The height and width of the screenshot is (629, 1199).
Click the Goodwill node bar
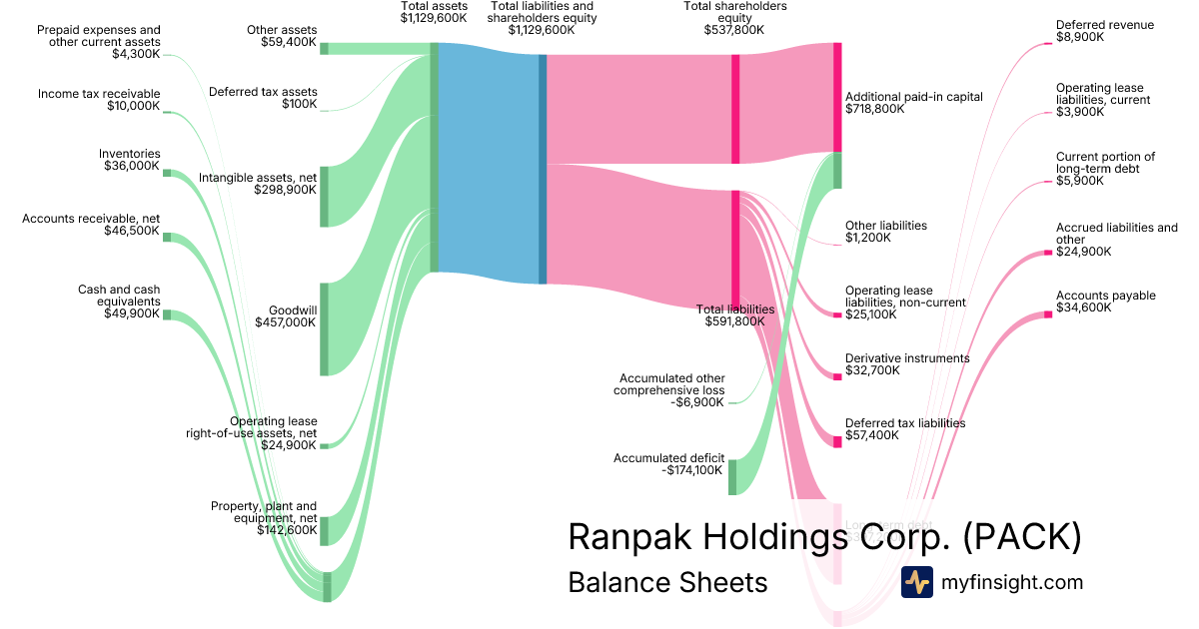(x=324, y=328)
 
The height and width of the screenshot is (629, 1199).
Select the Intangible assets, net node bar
(x=324, y=197)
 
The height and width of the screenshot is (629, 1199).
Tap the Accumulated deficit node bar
(x=731, y=477)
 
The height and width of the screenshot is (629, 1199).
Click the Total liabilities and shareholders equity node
(x=543, y=169)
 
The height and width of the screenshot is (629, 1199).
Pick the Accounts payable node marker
(x=1048, y=314)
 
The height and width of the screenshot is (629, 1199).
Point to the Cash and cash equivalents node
(x=167, y=314)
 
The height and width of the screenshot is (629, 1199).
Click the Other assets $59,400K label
(x=282, y=37)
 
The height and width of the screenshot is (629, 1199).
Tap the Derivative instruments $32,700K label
(x=906, y=363)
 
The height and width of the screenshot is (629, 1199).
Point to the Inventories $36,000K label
(x=131, y=160)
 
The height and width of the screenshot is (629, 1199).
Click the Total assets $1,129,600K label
(x=435, y=13)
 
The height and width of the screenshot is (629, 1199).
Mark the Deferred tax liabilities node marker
(x=837, y=440)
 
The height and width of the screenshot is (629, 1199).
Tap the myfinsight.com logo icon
(x=916, y=582)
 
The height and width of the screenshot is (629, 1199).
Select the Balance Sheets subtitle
(x=667, y=583)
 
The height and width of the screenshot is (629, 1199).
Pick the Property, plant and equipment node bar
(x=324, y=531)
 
